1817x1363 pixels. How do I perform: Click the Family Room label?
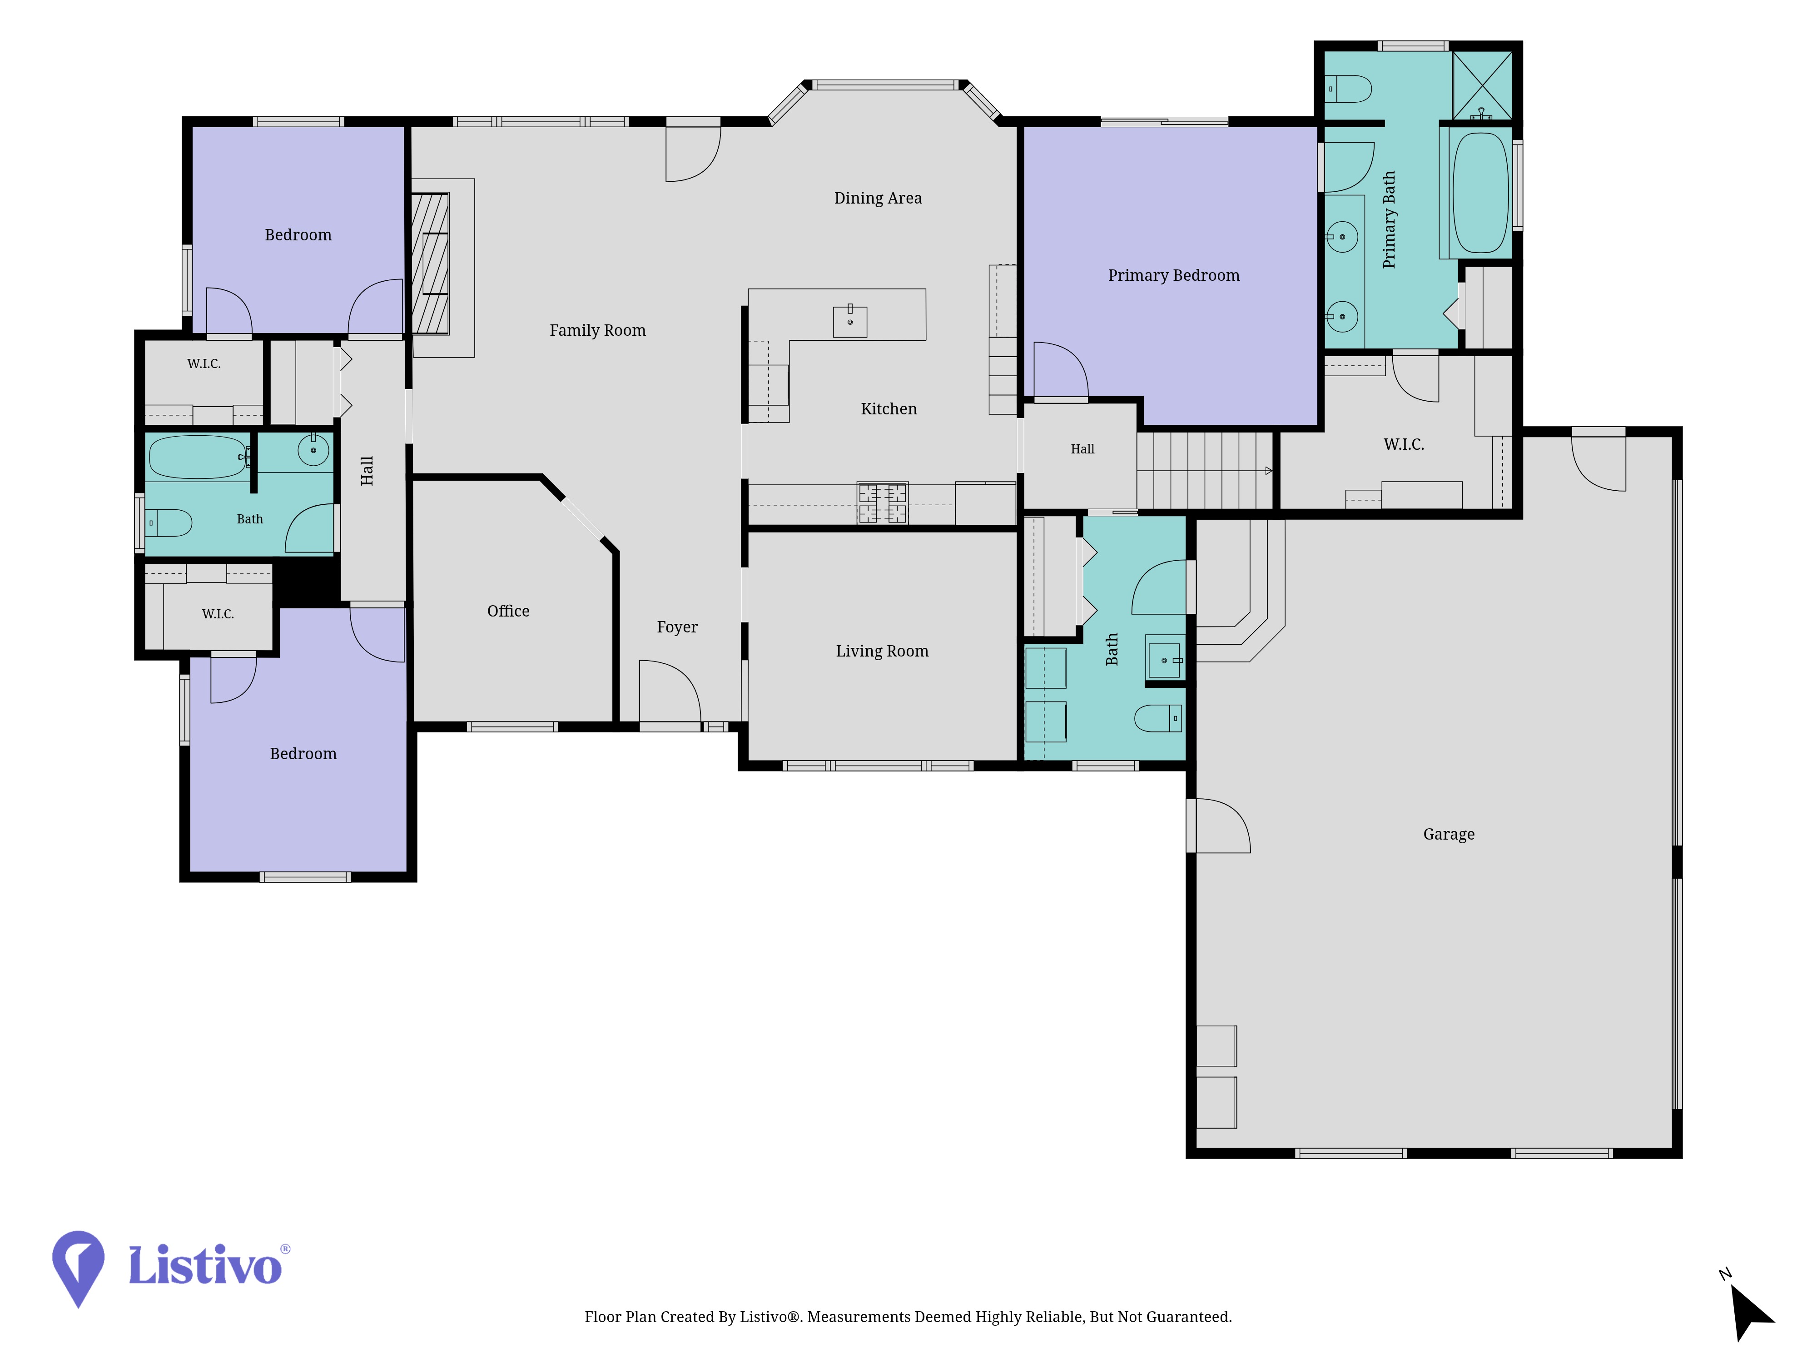pyautogui.click(x=597, y=330)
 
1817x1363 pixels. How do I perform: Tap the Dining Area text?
pyautogui.click(x=877, y=198)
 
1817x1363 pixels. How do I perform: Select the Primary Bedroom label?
pyautogui.click(x=1173, y=275)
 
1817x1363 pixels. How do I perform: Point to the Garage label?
pyautogui.click(x=1448, y=834)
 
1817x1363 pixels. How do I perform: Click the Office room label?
pyautogui.click(x=508, y=611)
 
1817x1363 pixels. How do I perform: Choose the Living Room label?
pyautogui.click(x=881, y=651)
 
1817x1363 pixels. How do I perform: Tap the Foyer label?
pyautogui.click(x=677, y=627)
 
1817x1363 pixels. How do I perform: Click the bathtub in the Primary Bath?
pyautogui.click(x=1481, y=192)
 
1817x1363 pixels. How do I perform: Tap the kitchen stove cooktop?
pyautogui.click(x=882, y=503)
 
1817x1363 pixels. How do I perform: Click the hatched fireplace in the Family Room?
pyautogui.click(x=431, y=263)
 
